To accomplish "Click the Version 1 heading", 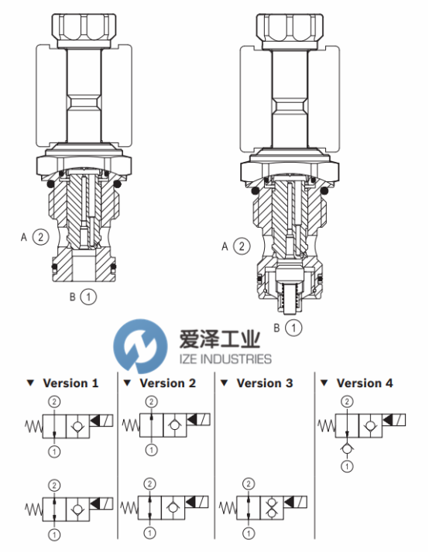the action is (70, 383).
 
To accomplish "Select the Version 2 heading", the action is (168, 383).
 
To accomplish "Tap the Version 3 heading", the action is (265, 383).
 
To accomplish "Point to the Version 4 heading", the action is (365, 383).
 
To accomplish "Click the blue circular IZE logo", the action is (140, 345).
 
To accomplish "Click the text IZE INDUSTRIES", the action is (225, 359).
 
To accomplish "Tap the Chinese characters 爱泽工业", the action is (220, 338).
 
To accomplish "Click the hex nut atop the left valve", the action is (84, 31).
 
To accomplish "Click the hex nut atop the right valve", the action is (290, 31).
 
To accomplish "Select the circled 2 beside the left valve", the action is (40, 237).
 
